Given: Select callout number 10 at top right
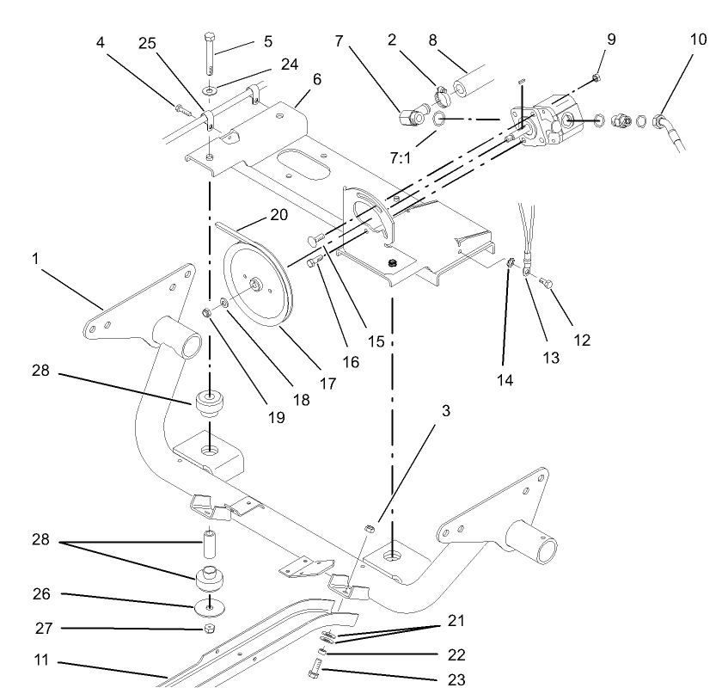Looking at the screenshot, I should tap(697, 40).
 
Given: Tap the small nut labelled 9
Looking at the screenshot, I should tap(597, 78).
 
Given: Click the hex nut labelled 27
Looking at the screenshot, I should tap(210, 630).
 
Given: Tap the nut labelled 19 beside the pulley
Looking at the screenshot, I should tap(209, 311).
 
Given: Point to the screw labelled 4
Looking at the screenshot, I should tap(183, 109).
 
